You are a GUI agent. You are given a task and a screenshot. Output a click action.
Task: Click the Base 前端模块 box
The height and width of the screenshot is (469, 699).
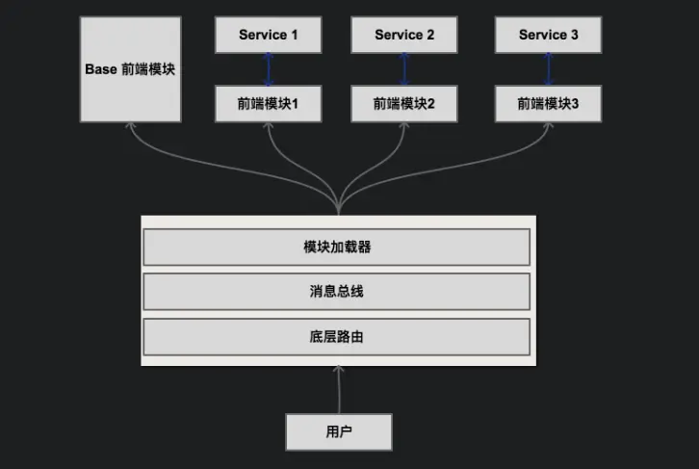[x=129, y=70]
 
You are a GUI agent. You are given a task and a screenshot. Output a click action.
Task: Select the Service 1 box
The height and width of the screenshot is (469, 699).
[x=269, y=35]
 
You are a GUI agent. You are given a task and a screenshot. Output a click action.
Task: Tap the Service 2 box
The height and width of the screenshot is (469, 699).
[x=404, y=35]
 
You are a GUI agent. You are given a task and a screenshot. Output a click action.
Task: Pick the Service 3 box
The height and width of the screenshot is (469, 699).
[x=549, y=35]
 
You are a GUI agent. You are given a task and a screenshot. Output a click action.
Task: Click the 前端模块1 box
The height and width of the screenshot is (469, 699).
[x=269, y=103]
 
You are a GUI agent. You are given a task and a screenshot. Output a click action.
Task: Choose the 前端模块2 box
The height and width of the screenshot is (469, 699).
[x=404, y=103]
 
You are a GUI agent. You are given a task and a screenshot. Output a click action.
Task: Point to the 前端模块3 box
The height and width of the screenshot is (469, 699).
[x=549, y=103]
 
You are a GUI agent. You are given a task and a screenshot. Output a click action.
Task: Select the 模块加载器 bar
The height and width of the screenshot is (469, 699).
[x=337, y=248]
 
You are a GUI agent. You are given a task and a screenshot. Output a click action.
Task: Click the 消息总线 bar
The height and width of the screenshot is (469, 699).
[x=337, y=292]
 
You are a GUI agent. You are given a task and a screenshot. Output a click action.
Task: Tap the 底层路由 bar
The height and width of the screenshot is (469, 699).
[x=337, y=337]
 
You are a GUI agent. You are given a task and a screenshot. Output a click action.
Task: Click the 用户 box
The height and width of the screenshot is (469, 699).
[x=339, y=431]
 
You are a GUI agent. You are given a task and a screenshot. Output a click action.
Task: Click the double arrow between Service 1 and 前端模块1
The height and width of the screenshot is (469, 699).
[x=269, y=68]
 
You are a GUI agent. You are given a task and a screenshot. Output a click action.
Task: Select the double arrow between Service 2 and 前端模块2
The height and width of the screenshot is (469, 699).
[x=404, y=68]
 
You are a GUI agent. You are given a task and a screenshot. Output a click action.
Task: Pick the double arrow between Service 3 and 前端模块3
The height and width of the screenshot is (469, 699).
[x=549, y=68]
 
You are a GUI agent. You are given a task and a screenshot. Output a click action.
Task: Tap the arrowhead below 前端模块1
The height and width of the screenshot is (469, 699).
[x=269, y=128]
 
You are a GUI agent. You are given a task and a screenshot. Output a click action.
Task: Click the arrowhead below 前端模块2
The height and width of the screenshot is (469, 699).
[x=404, y=128]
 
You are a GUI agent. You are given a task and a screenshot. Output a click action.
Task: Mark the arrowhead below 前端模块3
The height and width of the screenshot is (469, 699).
[x=548, y=128]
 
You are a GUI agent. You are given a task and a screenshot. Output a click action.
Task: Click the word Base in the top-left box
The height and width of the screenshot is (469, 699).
[x=100, y=70]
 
